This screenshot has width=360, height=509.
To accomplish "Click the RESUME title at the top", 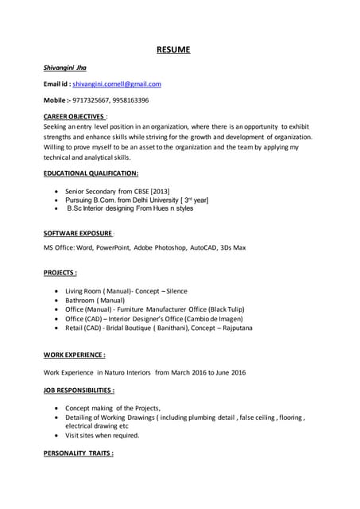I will [x=172, y=50].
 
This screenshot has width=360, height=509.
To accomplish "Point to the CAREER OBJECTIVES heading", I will [x=75, y=117].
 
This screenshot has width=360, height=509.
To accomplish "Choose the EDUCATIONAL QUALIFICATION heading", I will [x=91, y=173].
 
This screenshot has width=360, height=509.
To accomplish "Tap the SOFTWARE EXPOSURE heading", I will [x=78, y=233].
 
